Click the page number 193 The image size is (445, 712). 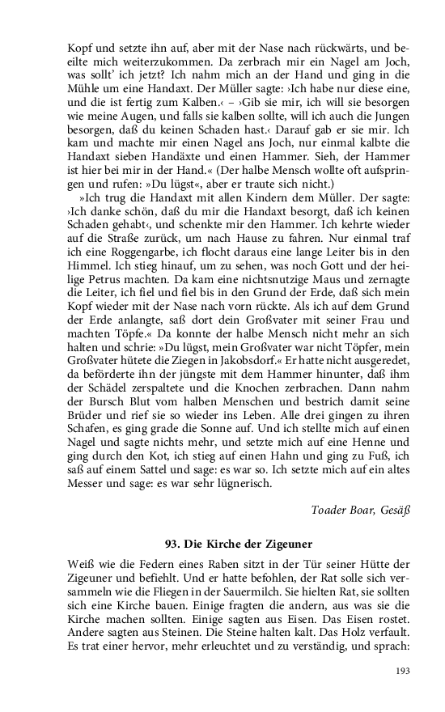403,670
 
